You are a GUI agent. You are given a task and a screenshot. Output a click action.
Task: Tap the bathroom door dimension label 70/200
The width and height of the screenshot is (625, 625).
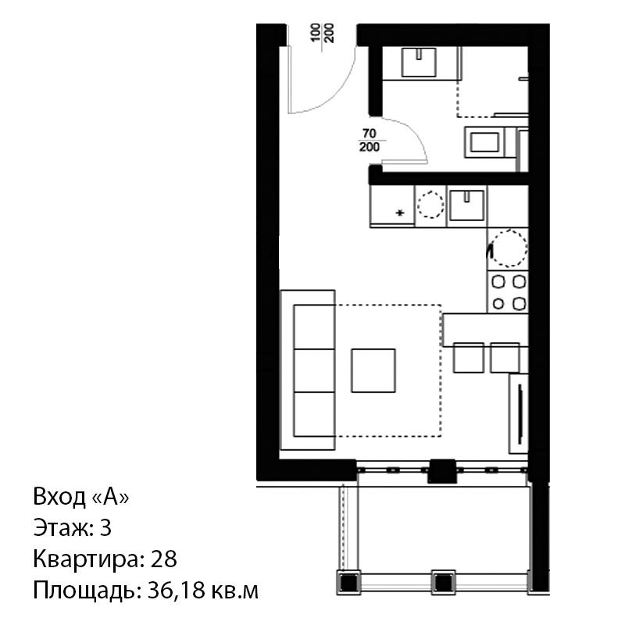pyautogui.click(x=370, y=141)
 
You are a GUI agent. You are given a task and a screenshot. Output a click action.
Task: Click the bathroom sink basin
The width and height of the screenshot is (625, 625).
pyautogui.click(x=419, y=62)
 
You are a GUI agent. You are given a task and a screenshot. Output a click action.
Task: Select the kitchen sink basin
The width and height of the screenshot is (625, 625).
pyautogui.click(x=466, y=205)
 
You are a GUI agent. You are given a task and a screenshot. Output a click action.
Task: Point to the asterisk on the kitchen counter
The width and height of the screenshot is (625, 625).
pyautogui.click(x=400, y=213)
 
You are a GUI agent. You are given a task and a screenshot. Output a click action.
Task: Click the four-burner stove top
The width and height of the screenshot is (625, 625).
pyautogui.click(x=508, y=292)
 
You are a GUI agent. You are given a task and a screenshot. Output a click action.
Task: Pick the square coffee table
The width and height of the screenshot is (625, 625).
pyautogui.click(x=373, y=370)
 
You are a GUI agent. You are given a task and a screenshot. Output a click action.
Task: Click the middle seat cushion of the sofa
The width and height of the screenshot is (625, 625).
pyautogui.click(x=314, y=370)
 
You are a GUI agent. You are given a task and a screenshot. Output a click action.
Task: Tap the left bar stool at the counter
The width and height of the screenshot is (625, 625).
pyautogui.click(x=468, y=358)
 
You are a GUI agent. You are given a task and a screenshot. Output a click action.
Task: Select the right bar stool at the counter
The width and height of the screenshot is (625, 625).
pyautogui.click(x=505, y=358)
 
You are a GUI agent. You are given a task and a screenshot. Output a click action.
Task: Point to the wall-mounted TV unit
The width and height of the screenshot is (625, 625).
pyautogui.click(x=519, y=413)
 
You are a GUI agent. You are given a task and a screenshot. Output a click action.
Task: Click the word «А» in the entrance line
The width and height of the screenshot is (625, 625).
pyautogui.click(x=110, y=497)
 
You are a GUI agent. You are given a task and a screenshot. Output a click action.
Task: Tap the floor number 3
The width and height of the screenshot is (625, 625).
pyautogui.click(x=105, y=528)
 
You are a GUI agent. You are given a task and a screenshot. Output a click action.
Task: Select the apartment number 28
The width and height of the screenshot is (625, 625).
pyautogui.click(x=163, y=559)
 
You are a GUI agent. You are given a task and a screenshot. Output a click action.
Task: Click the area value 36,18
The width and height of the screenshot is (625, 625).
pyautogui.click(x=175, y=591)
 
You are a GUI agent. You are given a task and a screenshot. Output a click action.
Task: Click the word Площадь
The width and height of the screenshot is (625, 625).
pyautogui.click(x=84, y=591)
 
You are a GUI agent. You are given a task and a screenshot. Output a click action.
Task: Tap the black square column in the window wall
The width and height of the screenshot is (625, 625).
pyautogui.click(x=442, y=471)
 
